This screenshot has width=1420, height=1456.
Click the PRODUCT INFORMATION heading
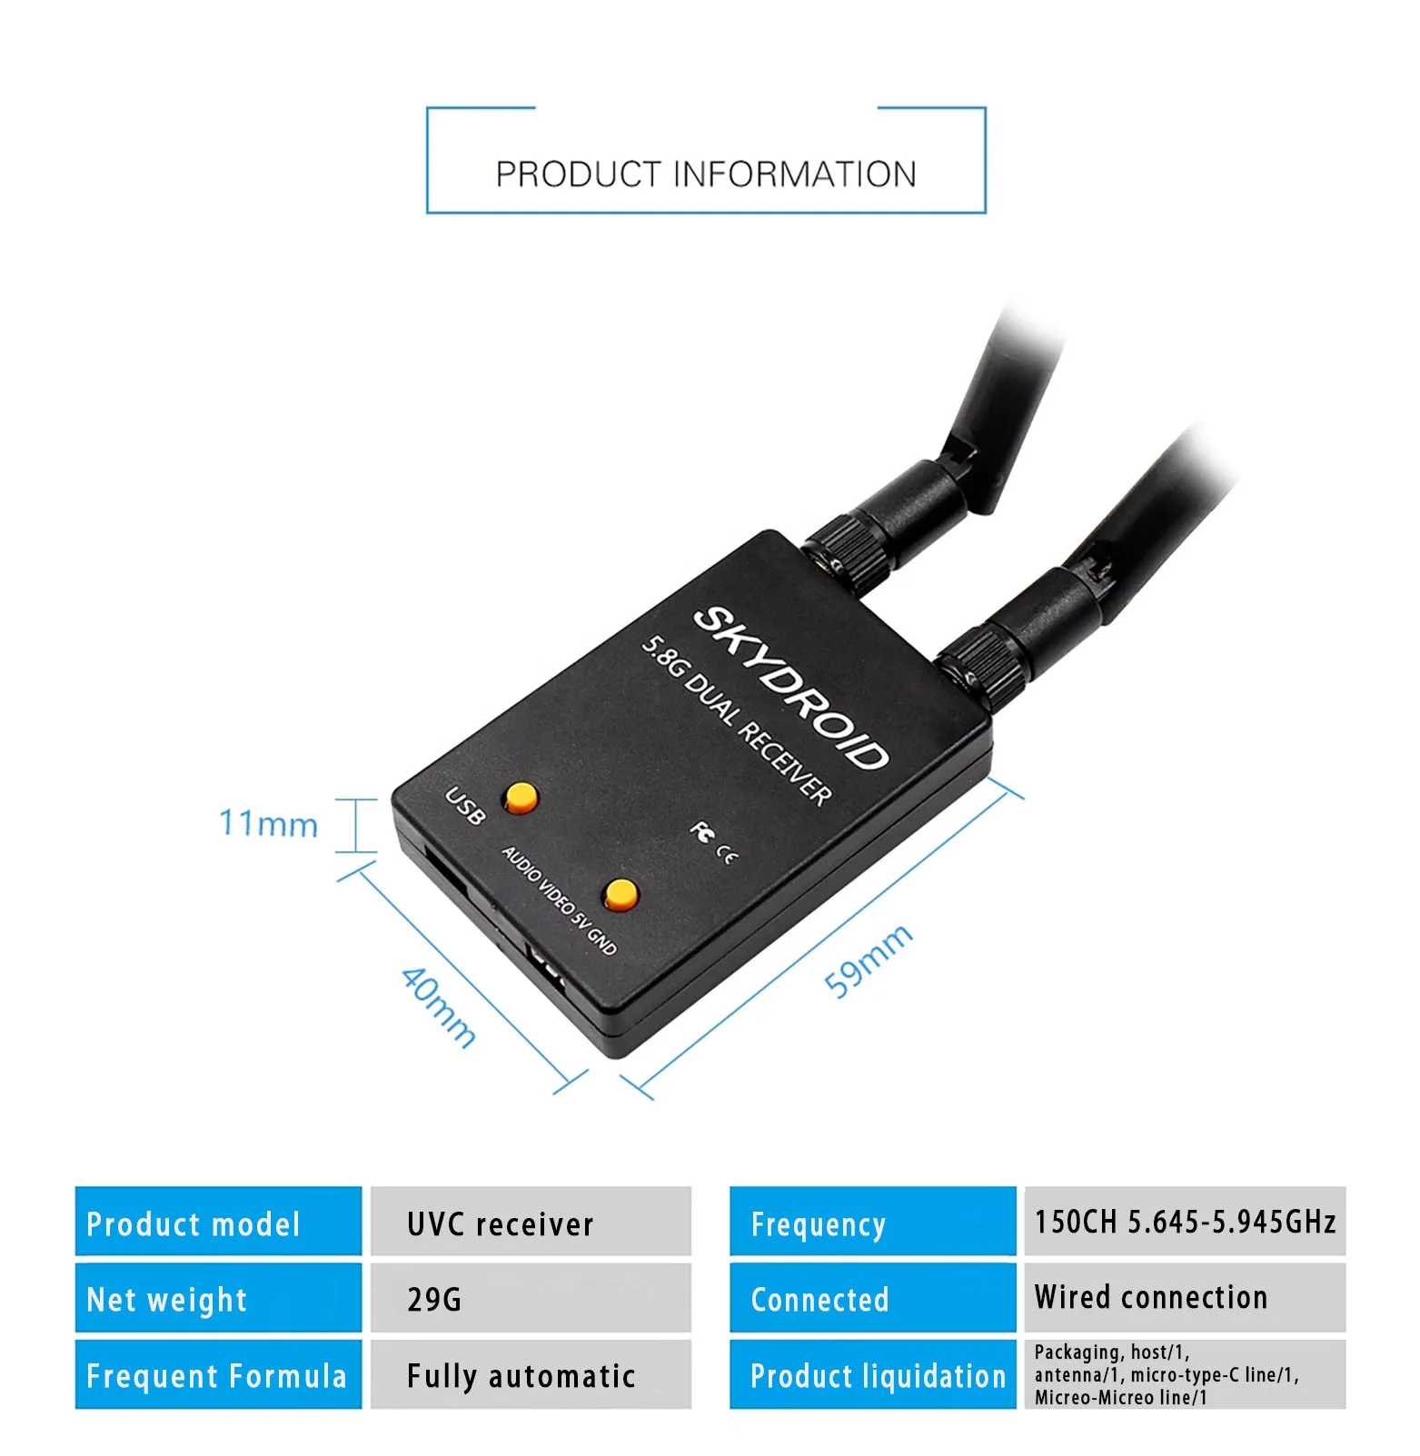tap(706, 173)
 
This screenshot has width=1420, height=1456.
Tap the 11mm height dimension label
tap(269, 824)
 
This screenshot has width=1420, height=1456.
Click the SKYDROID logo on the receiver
tap(789, 688)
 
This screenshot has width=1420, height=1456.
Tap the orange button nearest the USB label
tap(521, 797)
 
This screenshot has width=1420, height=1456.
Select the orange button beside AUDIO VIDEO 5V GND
tap(621, 894)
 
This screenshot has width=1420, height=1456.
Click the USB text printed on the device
tap(465, 807)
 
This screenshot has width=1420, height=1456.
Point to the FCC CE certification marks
tap(713, 843)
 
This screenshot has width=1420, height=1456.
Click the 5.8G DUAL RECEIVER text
tap(736, 720)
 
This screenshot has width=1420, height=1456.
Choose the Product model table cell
tap(218, 1223)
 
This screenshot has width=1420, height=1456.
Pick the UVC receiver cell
tap(531, 1223)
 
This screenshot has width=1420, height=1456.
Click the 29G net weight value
tap(531, 1299)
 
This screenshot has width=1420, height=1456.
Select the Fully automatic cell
tap(531, 1375)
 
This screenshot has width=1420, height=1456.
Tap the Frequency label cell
tap(872, 1223)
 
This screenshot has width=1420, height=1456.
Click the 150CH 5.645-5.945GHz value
tap(1185, 1222)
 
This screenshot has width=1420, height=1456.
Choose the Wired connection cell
tap(1185, 1297)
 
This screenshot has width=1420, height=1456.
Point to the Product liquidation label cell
tap(872, 1375)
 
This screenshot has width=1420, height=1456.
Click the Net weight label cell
tap(218, 1299)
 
